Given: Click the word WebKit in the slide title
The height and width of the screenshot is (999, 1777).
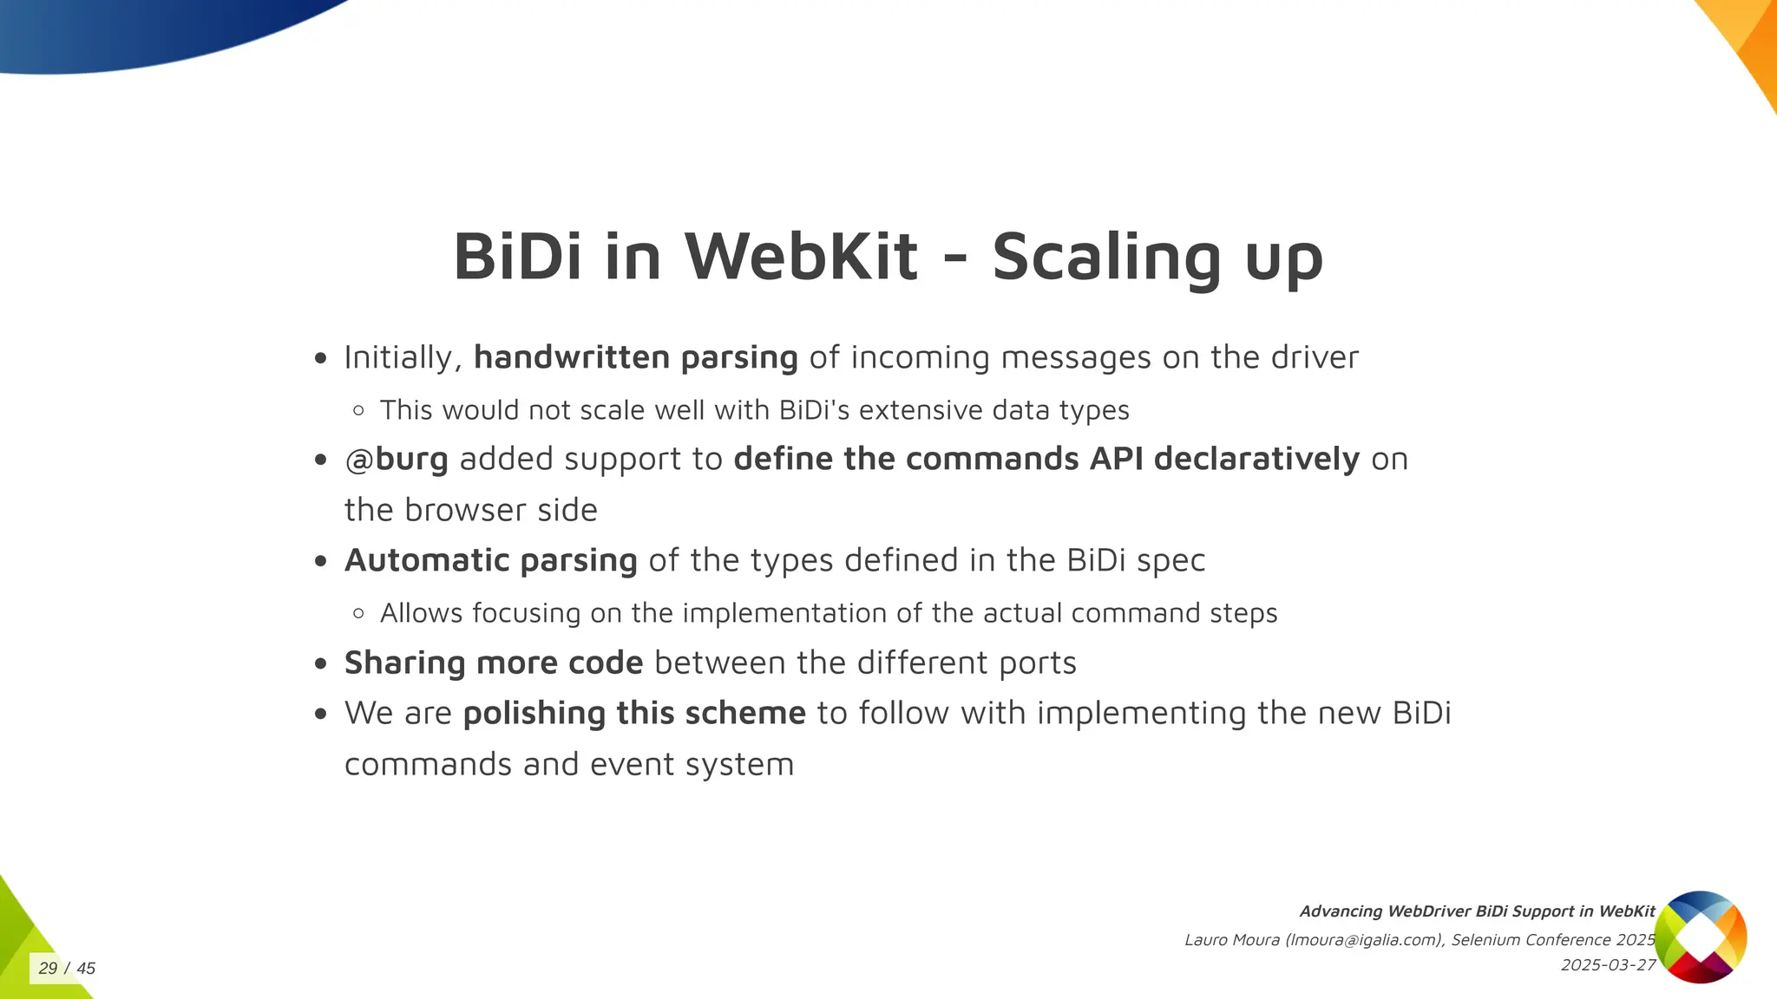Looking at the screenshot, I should click(801, 257).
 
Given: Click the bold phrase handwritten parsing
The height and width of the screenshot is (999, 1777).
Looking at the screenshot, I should click(635, 357).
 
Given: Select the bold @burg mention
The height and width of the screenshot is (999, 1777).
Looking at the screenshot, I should click(397, 459).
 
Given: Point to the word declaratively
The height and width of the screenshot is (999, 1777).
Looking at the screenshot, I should click(1256, 459).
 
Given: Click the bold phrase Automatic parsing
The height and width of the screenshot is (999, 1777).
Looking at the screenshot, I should click(491, 560).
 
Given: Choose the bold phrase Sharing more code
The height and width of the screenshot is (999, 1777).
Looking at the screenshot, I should click(494, 663).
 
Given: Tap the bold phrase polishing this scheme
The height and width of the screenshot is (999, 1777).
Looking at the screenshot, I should click(634, 713).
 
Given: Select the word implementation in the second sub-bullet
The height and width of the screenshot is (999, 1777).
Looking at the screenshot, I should click(785, 613).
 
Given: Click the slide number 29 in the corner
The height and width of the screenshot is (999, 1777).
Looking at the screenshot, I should click(48, 968).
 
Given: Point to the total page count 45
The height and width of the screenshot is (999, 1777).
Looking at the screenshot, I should click(86, 968).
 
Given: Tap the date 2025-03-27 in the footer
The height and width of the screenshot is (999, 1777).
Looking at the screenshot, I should click(1608, 965).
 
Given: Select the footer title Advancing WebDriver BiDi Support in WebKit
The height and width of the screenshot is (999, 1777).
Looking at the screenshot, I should click(1477, 911).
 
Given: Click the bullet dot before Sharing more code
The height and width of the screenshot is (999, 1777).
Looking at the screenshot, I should click(321, 663).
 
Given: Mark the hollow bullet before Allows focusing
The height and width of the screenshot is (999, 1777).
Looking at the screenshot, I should click(359, 613).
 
